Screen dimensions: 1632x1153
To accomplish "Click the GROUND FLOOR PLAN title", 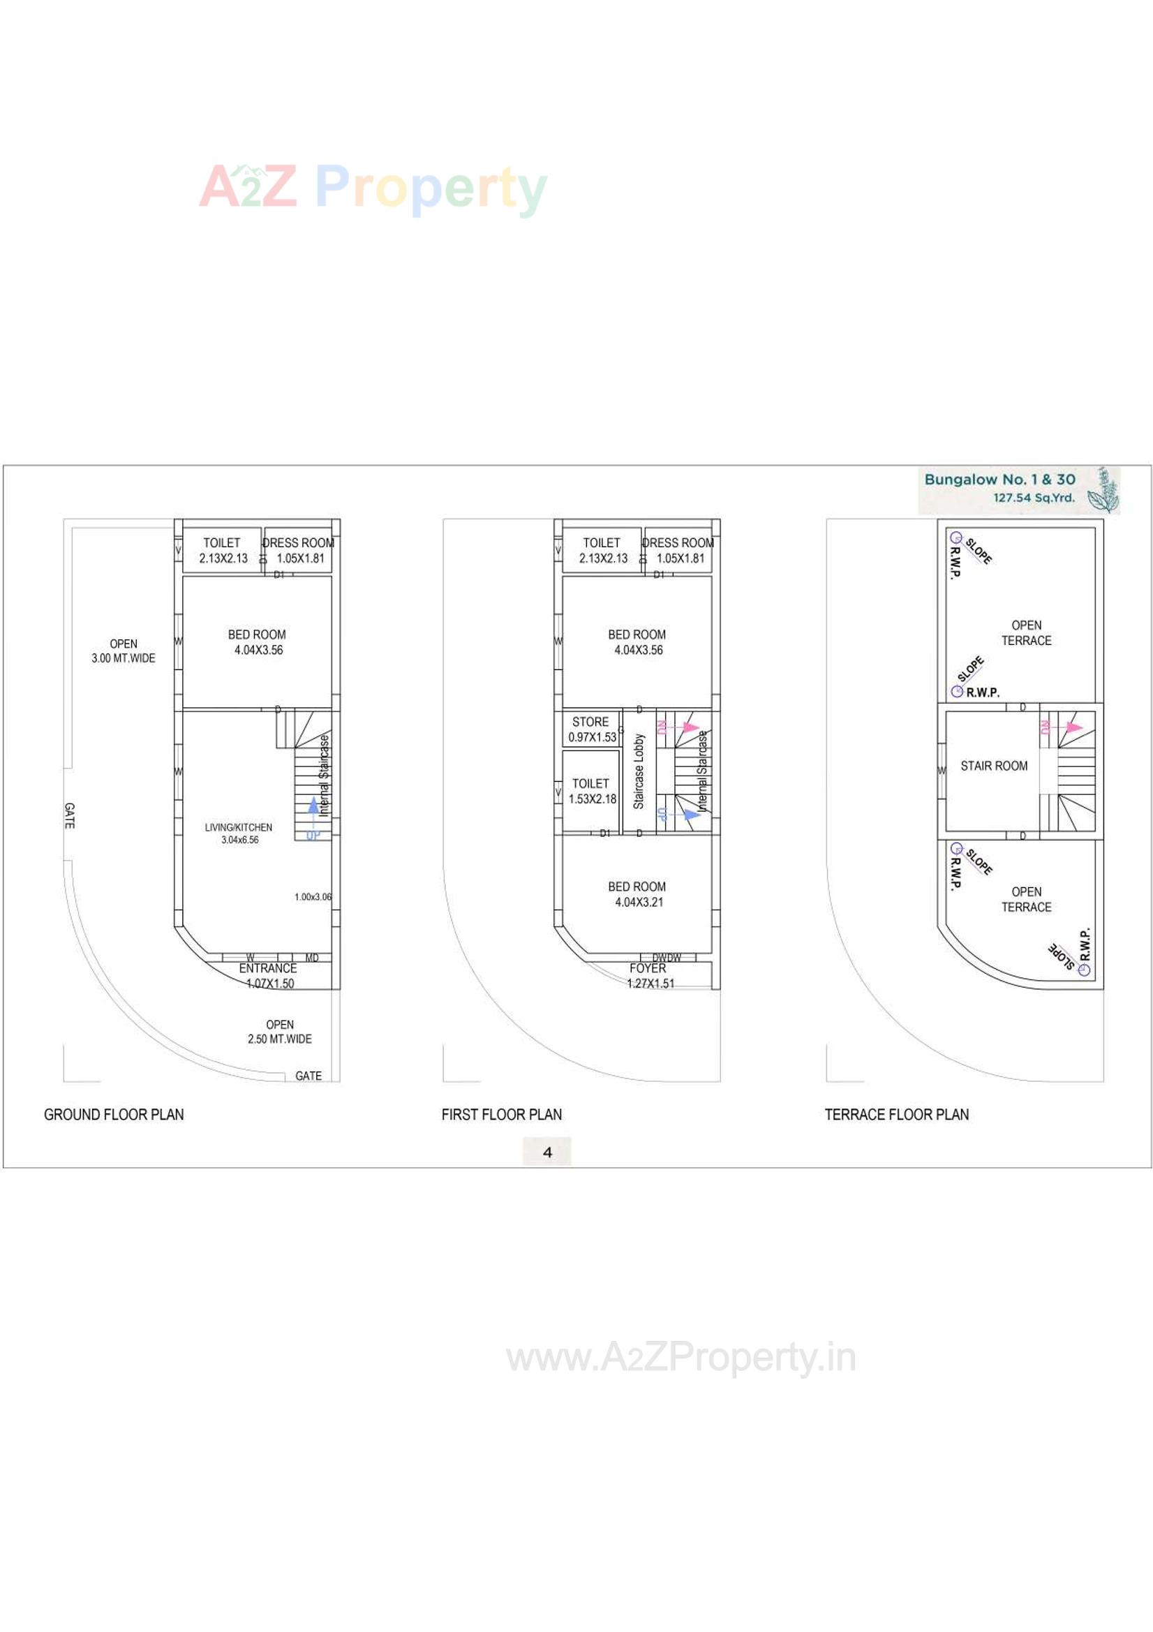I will point(114,1115).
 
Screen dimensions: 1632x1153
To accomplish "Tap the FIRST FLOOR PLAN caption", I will point(501,1115).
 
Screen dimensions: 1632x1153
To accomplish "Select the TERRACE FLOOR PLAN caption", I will point(896,1115).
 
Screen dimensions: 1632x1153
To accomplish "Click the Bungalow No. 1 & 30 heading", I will point(999,480).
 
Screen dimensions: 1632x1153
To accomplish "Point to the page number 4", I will point(546,1152).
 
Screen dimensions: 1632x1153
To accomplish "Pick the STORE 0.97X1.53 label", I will point(591,729).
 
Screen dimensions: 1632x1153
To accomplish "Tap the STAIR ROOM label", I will point(993,766).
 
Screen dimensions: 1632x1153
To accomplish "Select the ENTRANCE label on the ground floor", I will point(267,969).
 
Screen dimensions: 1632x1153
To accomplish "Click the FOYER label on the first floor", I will point(648,969).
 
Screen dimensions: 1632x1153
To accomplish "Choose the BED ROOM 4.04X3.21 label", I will point(637,894).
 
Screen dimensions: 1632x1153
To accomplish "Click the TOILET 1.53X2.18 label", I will point(591,791).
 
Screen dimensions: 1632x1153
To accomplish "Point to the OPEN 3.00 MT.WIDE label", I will point(123,651).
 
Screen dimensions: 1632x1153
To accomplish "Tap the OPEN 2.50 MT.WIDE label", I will point(279,1032).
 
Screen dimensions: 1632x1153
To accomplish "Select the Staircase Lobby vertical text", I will point(639,771).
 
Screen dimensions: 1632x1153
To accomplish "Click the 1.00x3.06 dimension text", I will point(313,897).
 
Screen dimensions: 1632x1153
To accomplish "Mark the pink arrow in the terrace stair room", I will point(1073,728).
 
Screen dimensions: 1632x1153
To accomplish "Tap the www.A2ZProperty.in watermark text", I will point(680,1358).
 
